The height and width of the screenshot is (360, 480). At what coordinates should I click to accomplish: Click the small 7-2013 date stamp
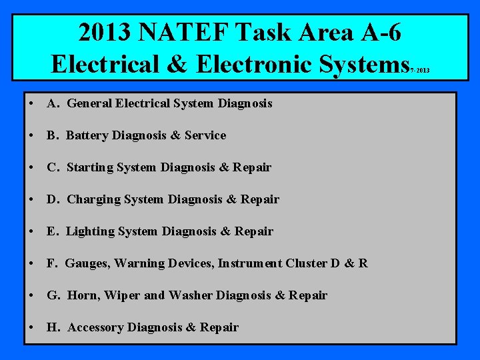pos(421,69)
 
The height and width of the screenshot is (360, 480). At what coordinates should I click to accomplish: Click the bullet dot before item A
pos(32,103)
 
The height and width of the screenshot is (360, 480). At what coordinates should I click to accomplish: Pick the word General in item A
pos(90,103)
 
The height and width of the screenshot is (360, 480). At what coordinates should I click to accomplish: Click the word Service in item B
pos(205,135)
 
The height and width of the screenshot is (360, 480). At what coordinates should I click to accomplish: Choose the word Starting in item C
pos(90,167)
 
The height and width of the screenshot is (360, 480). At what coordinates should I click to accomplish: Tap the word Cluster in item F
pos(306,263)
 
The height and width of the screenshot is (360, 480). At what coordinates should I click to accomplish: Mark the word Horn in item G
pos(82,295)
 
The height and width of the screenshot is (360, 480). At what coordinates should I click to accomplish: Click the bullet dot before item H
pos(32,327)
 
